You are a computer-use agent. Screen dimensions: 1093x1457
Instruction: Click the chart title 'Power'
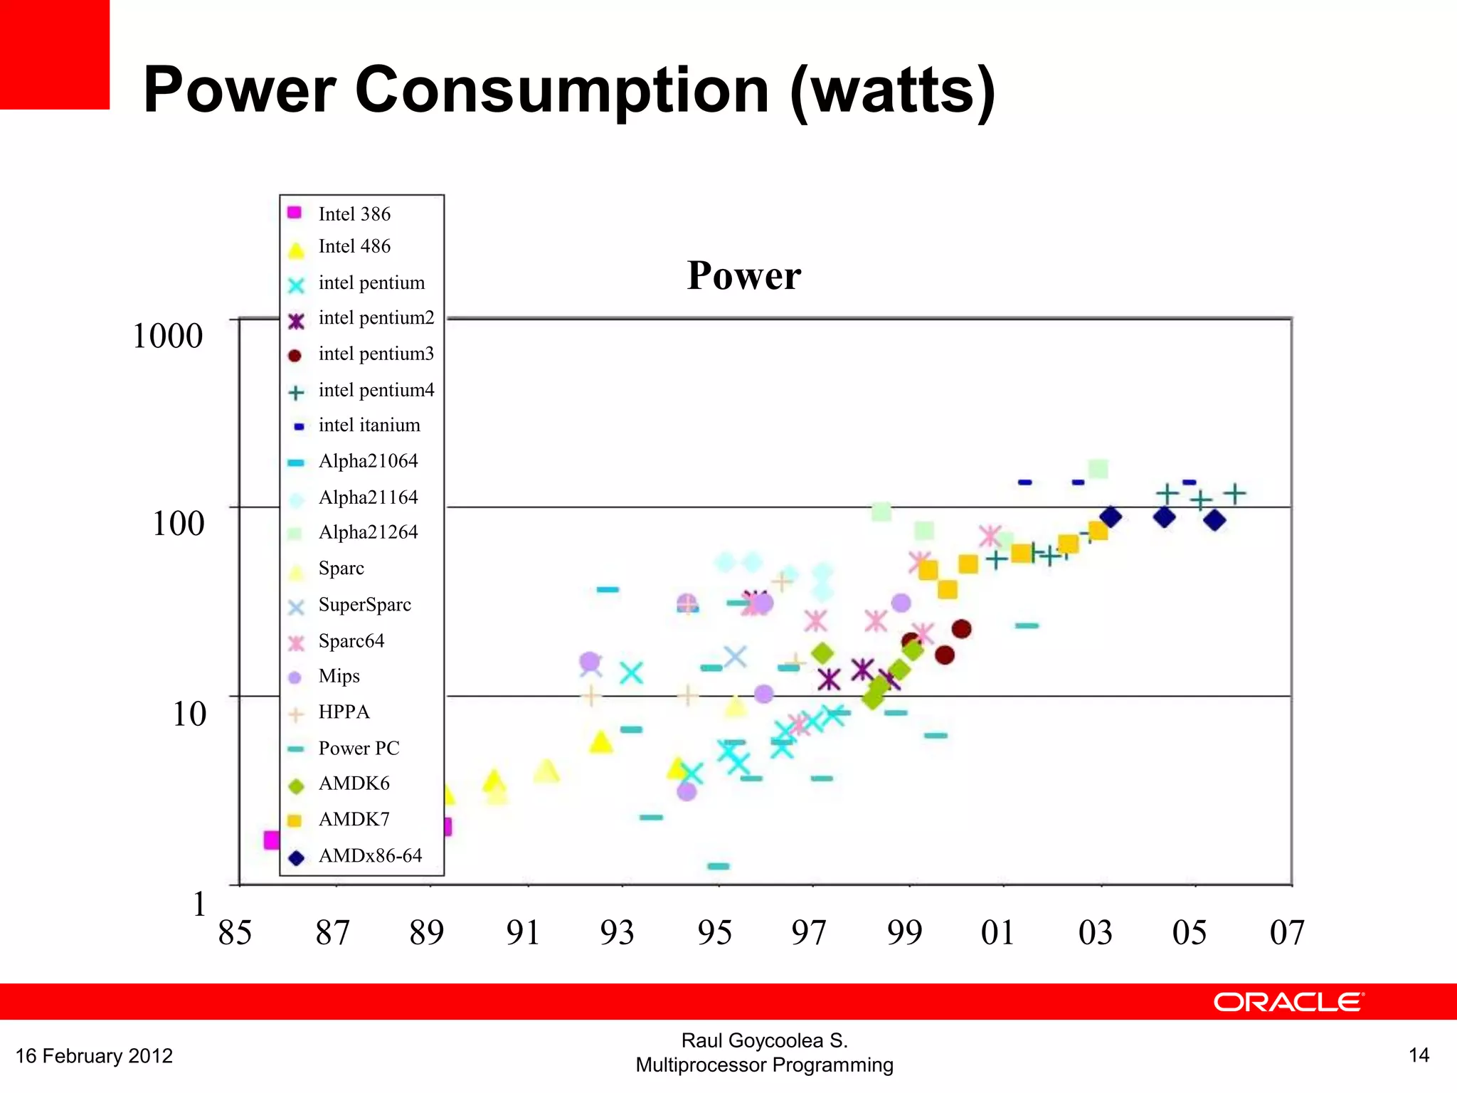(743, 275)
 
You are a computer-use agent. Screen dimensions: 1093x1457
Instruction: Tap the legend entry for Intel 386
(354, 213)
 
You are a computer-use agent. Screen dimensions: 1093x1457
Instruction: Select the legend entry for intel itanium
(369, 425)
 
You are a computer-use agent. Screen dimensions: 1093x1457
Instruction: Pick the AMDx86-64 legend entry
(370, 855)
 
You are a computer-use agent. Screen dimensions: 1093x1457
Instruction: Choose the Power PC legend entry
(359, 748)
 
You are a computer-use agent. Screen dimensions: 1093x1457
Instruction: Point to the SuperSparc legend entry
(364, 604)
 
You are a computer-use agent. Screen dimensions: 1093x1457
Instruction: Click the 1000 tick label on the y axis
(168, 335)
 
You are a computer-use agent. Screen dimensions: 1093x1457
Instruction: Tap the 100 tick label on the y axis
(178, 523)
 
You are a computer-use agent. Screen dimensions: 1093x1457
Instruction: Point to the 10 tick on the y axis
(189, 713)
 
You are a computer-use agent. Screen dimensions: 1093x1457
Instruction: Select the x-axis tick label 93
(617, 932)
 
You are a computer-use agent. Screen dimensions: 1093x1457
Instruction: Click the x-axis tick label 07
(1287, 932)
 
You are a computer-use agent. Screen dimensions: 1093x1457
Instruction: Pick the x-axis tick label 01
(997, 932)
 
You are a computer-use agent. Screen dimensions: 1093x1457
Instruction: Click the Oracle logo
(1288, 1002)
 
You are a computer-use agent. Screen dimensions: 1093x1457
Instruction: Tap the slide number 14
(1419, 1055)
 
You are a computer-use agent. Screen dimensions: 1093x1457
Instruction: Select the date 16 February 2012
(94, 1055)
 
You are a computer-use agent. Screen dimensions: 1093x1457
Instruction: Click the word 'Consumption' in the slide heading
(561, 90)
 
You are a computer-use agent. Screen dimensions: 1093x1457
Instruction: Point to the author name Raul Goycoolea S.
(764, 1040)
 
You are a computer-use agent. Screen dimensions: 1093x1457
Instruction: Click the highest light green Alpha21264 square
(1098, 469)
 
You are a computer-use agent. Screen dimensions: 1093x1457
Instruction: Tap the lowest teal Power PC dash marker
(719, 866)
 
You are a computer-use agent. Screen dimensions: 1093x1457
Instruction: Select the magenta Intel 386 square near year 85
(271, 840)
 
